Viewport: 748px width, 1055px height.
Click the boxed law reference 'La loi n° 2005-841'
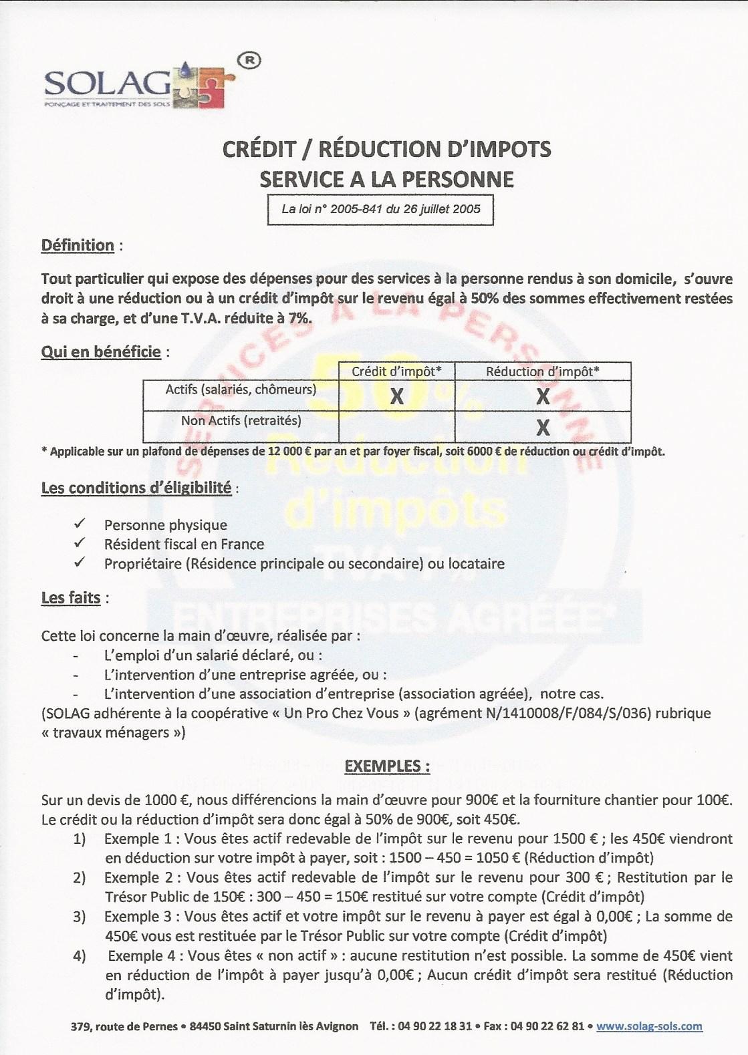(x=380, y=209)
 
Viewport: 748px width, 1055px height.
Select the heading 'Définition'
(x=78, y=245)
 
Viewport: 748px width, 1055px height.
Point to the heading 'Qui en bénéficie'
(x=101, y=351)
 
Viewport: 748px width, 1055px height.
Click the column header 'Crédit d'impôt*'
(x=396, y=371)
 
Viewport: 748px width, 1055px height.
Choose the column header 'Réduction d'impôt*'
(x=542, y=371)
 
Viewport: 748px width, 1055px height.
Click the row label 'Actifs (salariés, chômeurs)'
(x=241, y=390)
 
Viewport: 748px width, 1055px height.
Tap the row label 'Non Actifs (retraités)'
(x=241, y=421)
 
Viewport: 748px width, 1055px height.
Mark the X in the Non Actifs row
(x=543, y=428)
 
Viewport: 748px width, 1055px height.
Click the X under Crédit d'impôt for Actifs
(x=396, y=397)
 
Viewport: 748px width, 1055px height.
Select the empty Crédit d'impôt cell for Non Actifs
(x=396, y=426)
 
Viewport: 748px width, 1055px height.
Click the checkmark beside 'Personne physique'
(x=80, y=523)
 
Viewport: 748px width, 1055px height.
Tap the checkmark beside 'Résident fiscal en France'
(x=80, y=543)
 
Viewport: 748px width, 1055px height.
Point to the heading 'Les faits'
(x=71, y=597)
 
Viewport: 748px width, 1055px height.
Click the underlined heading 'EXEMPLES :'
(x=386, y=766)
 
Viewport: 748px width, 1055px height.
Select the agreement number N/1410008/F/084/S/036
(x=531, y=713)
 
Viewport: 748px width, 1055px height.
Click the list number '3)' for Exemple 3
(x=80, y=917)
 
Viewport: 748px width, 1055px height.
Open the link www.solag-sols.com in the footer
(x=649, y=1026)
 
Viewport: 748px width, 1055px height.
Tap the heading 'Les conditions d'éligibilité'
(x=136, y=488)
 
